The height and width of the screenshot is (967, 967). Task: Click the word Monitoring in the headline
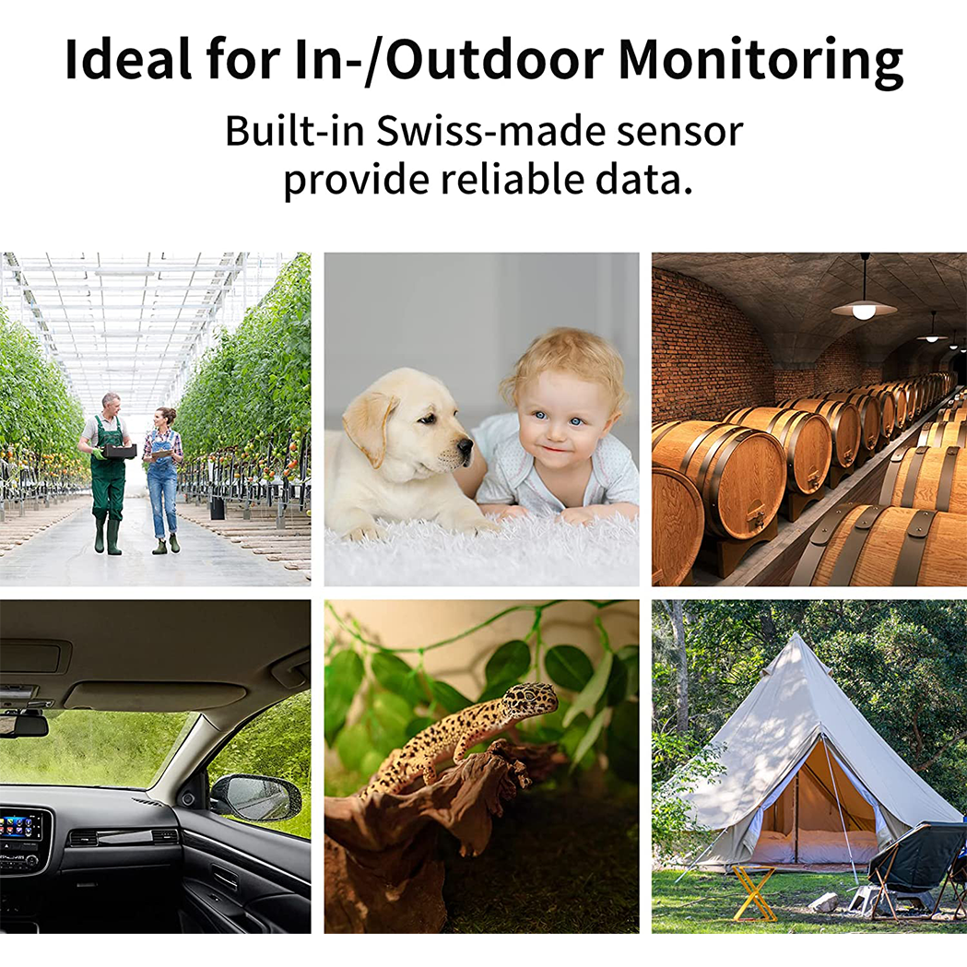[x=761, y=61]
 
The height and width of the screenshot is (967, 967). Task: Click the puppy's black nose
[x=465, y=445]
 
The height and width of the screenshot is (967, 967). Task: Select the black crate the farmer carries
[x=118, y=452]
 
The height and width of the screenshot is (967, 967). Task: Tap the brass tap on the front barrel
[x=758, y=519]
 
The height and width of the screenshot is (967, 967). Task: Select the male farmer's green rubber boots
[x=106, y=535]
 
